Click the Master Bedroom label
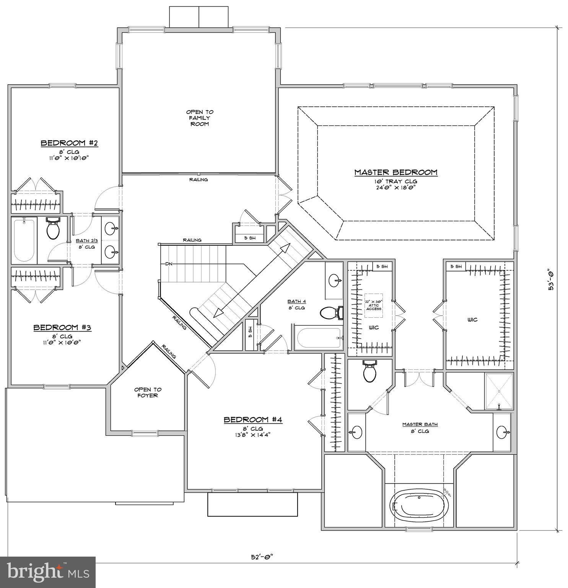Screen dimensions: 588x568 click(395, 173)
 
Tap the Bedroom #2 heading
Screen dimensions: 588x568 click(69, 143)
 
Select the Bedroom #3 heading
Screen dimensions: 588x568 click(62, 328)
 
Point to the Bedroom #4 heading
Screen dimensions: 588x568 click(253, 420)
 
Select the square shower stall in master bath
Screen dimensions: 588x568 click(499, 391)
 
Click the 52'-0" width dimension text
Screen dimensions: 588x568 click(262, 557)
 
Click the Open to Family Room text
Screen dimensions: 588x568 click(200, 118)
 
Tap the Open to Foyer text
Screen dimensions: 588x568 click(148, 392)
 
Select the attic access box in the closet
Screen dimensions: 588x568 click(373, 305)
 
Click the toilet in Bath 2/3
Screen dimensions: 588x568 click(53, 229)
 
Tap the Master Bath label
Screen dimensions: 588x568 click(420, 424)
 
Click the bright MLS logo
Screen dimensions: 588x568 click(48, 572)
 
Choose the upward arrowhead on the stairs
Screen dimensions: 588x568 click(285, 248)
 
